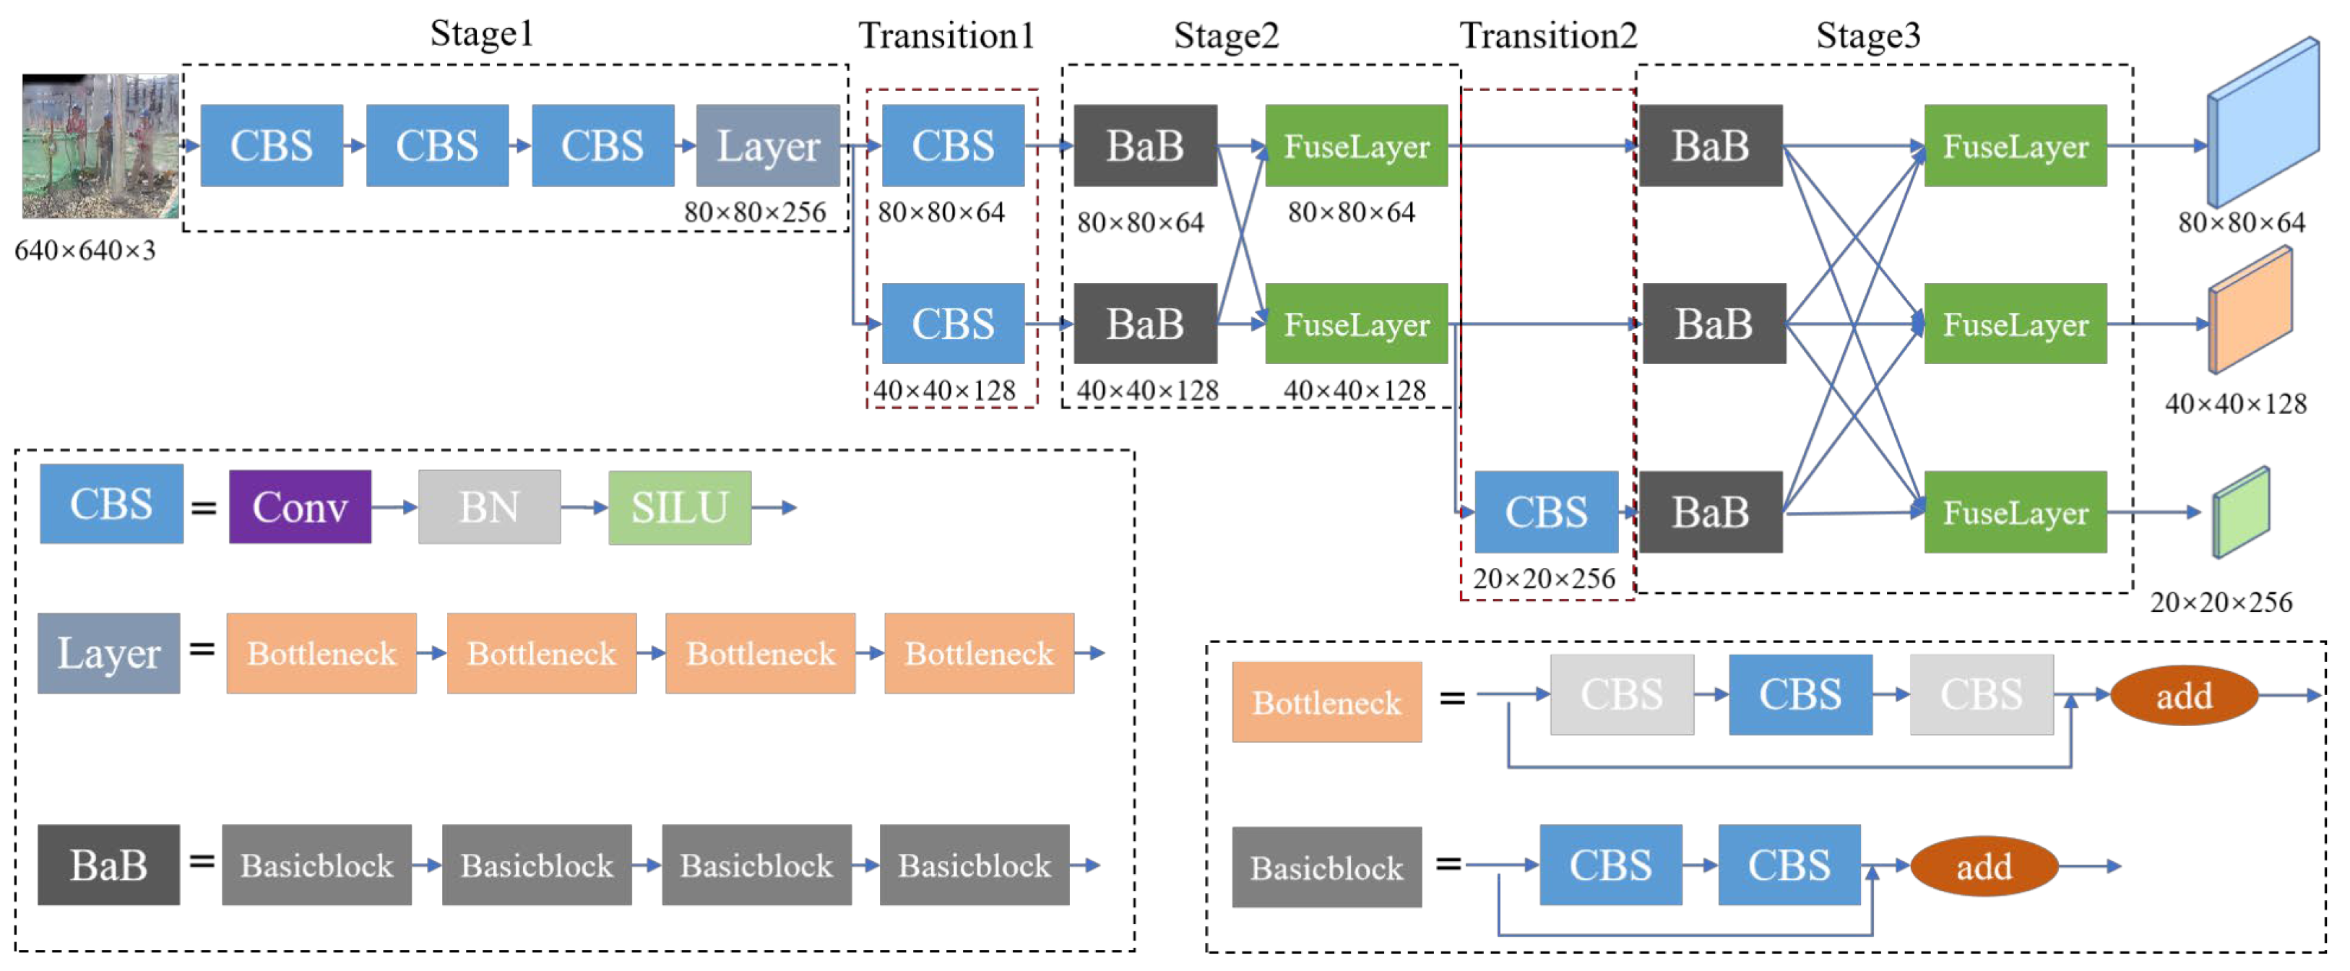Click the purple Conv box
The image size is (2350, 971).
pyautogui.click(x=299, y=506)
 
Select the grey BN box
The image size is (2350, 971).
pyautogui.click(x=489, y=506)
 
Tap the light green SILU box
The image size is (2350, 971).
pyautogui.click(x=680, y=507)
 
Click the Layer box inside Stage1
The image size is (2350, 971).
pyautogui.click(x=767, y=145)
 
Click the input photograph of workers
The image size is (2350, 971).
pyautogui.click(x=100, y=146)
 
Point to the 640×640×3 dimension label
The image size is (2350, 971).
pyautogui.click(x=85, y=250)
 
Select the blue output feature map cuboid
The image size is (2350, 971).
pyautogui.click(x=2263, y=124)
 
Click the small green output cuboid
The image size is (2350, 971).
pyautogui.click(x=2240, y=513)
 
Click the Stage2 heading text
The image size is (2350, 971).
pyautogui.click(x=1225, y=35)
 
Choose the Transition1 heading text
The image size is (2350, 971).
pyautogui.click(x=946, y=35)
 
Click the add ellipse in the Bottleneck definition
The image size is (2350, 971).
pyautogui.click(x=2183, y=696)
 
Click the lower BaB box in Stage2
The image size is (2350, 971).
pyautogui.click(x=1144, y=323)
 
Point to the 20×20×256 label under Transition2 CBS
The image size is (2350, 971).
pyautogui.click(x=1544, y=578)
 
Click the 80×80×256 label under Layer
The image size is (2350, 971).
pyautogui.click(x=754, y=212)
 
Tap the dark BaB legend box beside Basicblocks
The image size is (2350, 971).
pyautogui.click(x=108, y=864)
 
